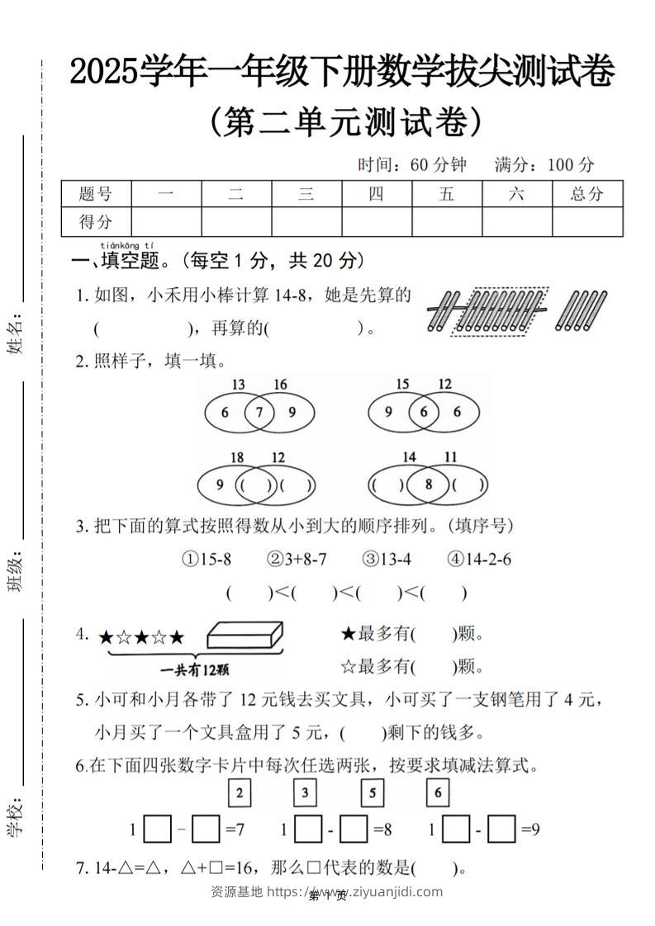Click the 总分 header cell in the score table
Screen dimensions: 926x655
[x=587, y=194]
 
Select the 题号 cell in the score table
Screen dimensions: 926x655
[x=96, y=194]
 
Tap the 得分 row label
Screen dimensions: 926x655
[x=96, y=221]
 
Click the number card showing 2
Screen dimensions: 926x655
[x=239, y=794]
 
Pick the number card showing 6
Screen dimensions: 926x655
[x=438, y=794]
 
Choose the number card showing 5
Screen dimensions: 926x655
[x=373, y=794]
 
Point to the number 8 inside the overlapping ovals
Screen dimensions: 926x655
[x=428, y=484]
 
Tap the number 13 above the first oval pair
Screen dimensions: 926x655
[x=238, y=385]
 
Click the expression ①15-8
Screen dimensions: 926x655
[x=206, y=560]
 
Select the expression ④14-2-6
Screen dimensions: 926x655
[x=479, y=560]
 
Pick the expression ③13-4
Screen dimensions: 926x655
[x=384, y=560]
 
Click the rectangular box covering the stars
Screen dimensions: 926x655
[x=244, y=635]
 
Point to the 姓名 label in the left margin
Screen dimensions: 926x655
[x=16, y=334]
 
